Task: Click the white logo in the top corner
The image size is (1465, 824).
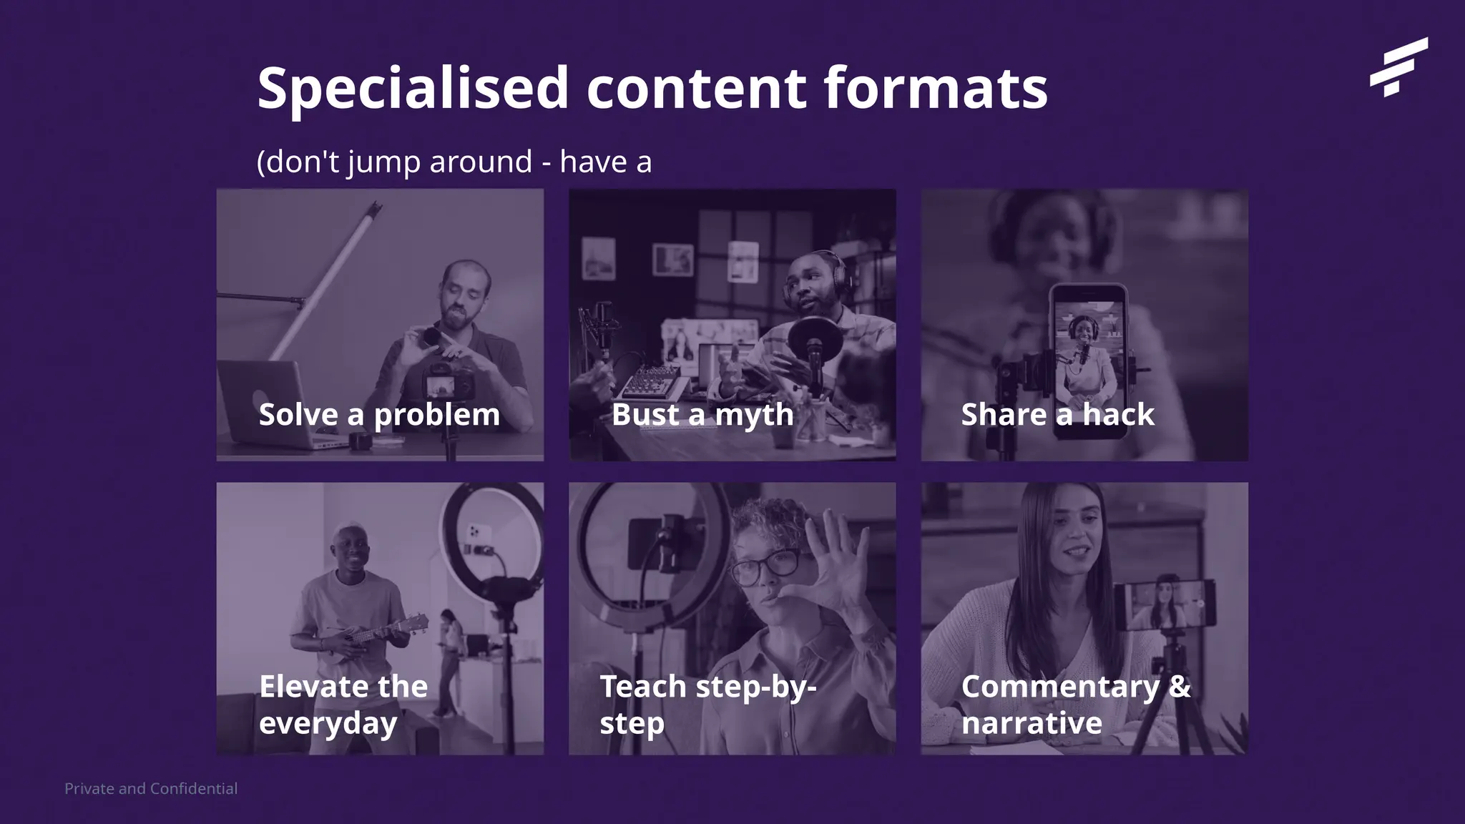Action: point(1398,67)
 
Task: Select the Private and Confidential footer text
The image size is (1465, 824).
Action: point(151,788)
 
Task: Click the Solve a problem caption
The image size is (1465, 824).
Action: point(379,415)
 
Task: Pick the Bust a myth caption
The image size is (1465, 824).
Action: point(702,415)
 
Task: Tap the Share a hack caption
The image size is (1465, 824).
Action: point(1057,415)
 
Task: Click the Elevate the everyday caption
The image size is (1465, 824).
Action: point(343,705)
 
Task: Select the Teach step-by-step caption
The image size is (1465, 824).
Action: point(707,705)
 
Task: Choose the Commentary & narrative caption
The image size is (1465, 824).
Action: point(1076,705)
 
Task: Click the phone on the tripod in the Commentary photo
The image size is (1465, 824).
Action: point(1165,604)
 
